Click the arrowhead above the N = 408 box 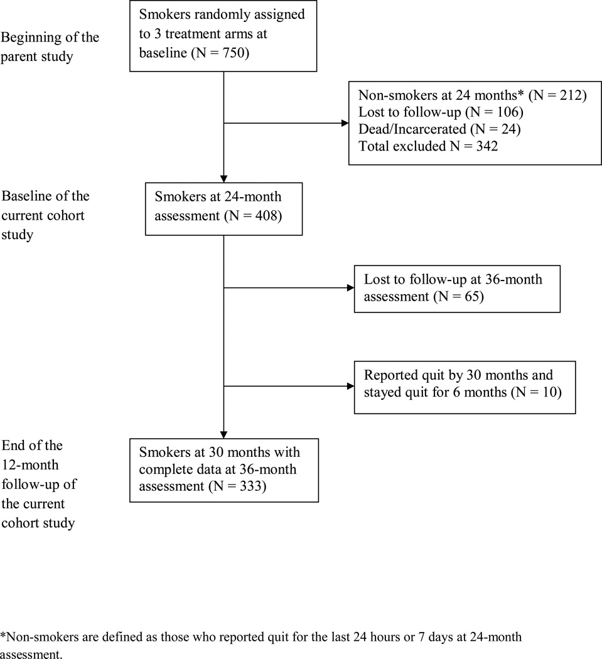224,178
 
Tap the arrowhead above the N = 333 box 224,435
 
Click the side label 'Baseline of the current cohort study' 45,215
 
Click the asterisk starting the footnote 3,635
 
